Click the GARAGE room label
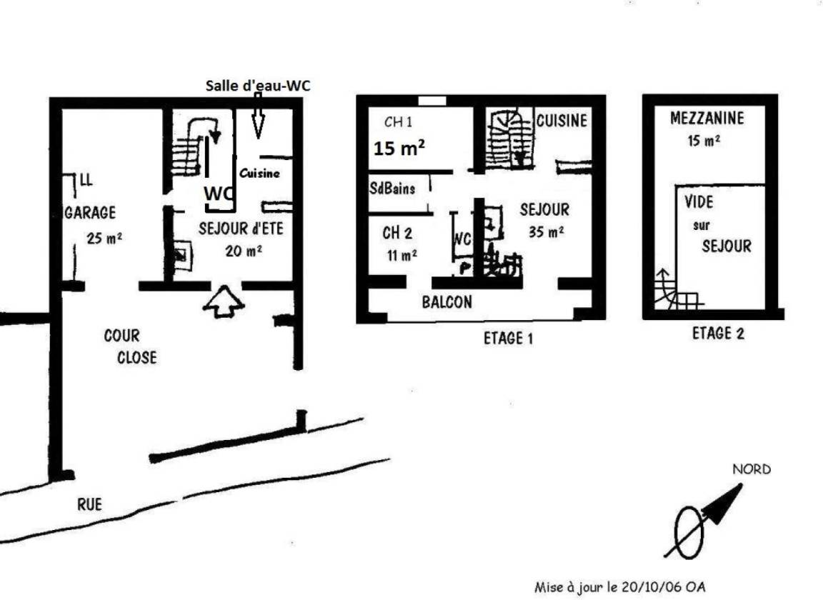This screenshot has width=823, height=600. (x=90, y=213)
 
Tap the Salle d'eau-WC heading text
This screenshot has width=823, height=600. (x=258, y=86)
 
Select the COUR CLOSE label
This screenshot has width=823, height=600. (x=129, y=346)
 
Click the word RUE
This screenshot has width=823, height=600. (x=90, y=504)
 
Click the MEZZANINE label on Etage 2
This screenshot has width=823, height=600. (x=707, y=118)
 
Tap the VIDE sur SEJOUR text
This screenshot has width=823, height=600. (x=717, y=224)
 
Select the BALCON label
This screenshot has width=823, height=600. (x=447, y=302)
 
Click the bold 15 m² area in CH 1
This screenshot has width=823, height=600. (x=399, y=149)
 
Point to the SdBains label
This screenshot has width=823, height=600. (x=392, y=189)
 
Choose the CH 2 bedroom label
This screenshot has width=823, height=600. (x=397, y=233)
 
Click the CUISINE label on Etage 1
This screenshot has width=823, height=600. (x=562, y=121)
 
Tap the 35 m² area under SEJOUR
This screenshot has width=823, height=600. (x=547, y=231)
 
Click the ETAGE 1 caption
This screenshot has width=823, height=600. (x=508, y=339)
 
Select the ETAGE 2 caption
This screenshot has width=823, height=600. (x=718, y=334)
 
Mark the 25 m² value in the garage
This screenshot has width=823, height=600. (x=104, y=239)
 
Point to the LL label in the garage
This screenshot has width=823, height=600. (x=86, y=180)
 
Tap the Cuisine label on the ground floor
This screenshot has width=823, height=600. (x=259, y=174)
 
